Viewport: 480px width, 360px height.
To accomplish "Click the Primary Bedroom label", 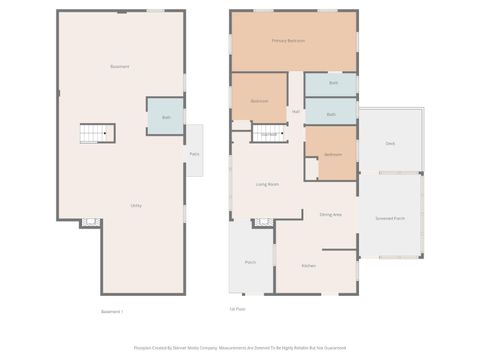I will pyautogui.click(x=288, y=41).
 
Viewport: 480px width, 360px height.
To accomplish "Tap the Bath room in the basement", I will pyautogui.click(x=167, y=117).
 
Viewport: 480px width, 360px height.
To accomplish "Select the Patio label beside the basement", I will pyautogui.click(x=194, y=153).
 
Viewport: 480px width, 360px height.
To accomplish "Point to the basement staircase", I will pyautogui.click(x=98, y=133).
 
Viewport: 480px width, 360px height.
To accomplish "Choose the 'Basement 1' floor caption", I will pyautogui.click(x=112, y=311).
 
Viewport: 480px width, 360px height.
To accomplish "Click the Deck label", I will pyautogui.click(x=390, y=144).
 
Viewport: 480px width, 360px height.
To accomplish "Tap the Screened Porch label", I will pyautogui.click(x=390, y=217).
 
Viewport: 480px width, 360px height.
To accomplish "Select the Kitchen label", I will pyautogui.click(x=310, y=265).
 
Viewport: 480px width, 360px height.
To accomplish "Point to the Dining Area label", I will pyautogui.click(x=331, y=215).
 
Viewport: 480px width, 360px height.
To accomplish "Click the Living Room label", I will pyautogui.click(x=267, y=184).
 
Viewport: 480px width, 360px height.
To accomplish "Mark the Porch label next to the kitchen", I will pyautogui.click(x=250, y=262).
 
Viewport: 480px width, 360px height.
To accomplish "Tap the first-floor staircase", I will pyautogui.click(x=268, y=133).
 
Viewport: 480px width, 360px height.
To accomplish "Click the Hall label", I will pyautogui.click(x=296, y=110).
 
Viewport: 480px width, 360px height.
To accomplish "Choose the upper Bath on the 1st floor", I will pyautogui.click(x=332, y=83).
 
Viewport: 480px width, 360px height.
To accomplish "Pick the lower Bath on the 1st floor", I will pyautogui.click(x=331, y=115).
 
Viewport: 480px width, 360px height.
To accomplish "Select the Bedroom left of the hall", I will pyautogui.click(x=259, y=101).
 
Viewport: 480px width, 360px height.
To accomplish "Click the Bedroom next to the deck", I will pyautogui.click(x=334, y=155).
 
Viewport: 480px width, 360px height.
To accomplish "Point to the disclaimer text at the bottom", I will pyautogui.click(x=239, y=348).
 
